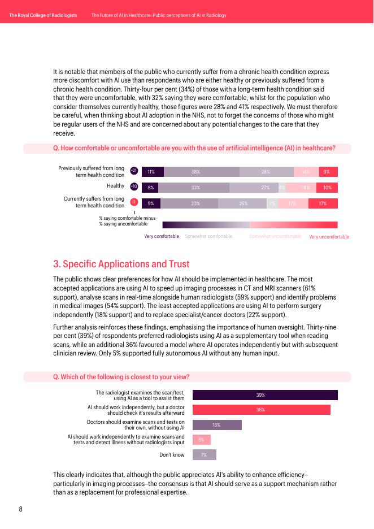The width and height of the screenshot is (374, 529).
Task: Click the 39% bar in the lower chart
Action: pyautogui.click(x=265, y=395)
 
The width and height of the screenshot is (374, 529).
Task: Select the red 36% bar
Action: pyautogui.click(x=261, y=410)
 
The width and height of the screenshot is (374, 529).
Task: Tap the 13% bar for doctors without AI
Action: pyautogui.click(x=217, y=425)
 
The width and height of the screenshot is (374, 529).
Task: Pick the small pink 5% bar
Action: pyautogui.click(x=202, y=440)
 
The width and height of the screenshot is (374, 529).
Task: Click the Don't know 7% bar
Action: pyautogui.click(x=205, y=454)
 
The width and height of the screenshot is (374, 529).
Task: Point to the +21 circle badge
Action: pyautogui.click(x=134, y=171)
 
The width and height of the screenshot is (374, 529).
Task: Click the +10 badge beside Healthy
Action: pyautogui.click(x=134, y=187)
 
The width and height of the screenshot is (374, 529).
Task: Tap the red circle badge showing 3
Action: pyautogui.click(x=134, y=202)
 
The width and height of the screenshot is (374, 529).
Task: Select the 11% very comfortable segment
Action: pyautogui.click(x=152, y=172)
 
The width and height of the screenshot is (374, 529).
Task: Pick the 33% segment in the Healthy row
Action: pyautogui.click(x=193, y=188)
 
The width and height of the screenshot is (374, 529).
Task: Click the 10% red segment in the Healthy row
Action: pyautogui.click(x=327, y=188)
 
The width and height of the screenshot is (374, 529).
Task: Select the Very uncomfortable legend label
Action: pyautogui.click(x=329, y=237)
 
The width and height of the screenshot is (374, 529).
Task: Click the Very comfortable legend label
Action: pyautogui.click(x=162, y=236)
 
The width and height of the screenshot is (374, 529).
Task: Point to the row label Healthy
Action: pyautogui.click(x=115, y=185)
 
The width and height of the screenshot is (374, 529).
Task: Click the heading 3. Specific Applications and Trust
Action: pyautogui.click(x=121, y=264)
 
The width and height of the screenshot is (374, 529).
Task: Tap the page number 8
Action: pyautogui.click(x=21, y=509)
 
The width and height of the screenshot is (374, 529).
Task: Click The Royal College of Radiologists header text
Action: pyautogui.click(x=43, y=15)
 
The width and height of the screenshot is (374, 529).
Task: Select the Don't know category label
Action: pyautogui.click(x=172, y=454)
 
